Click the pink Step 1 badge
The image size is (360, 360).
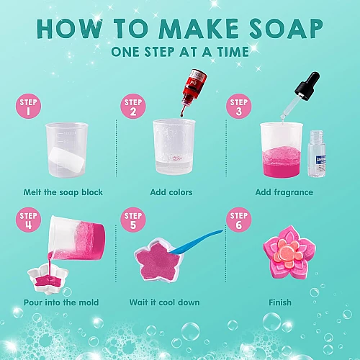pyautogui.click(x=28, y=106)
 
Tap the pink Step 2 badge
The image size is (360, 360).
pyautogui.click(x=133, y=106)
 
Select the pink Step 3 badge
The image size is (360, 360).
pyautogui.click(x=239, y=106)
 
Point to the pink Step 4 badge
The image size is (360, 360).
pyautogui.click(x=28, y=220)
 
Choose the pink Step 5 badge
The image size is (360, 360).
pyautogui.click(x=133, y=220)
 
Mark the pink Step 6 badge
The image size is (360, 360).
pyautogui.click(x=239, y=220)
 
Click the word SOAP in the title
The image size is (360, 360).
pyautogui.click(x=287, y=29)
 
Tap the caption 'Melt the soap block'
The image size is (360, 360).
pyautogui.click(x=63, y=192)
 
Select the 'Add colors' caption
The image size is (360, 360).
pyautogui.click(x=171, y=192)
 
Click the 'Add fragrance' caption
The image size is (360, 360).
pyautogui.click(x=284, y=192)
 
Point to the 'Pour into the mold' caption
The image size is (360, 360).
pyautogui.click(x=61, y=302)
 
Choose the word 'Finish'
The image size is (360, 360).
pyautogui.click(x=280, y=302)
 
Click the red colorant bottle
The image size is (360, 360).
pyautogui.click(x=194, y=88)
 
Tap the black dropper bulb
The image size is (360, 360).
pyautogui.click(x=308, y=85)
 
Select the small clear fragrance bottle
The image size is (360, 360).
pyautogui.click(x=317, y=154)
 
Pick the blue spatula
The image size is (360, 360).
pyautogui.click(x=196, y=242)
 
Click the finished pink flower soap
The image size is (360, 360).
pyautogui.click(x=289, y=253)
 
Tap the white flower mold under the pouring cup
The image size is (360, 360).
pyautogui.click(x=48, y=279)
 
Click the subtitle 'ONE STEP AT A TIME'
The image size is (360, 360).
pyautogui.click(x=180, y=52)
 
